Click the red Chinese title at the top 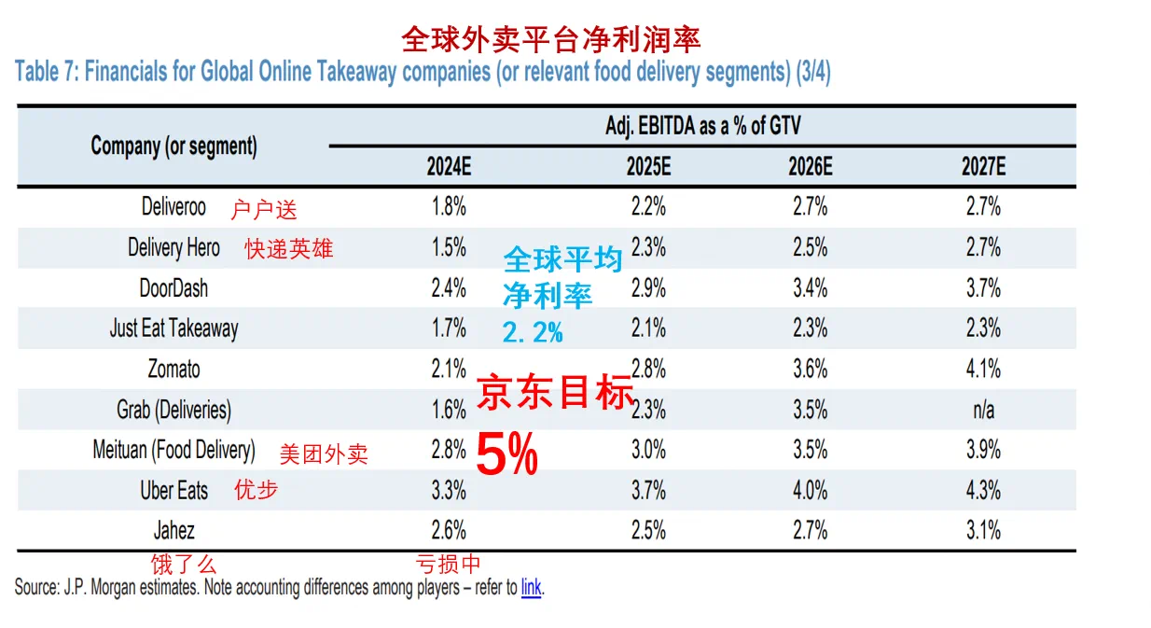550,39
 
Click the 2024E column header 449,167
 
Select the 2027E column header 983,167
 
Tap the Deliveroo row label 174,206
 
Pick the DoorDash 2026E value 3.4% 810,287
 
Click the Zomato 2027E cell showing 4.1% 983,369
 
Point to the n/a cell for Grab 983,410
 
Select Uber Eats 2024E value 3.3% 449,490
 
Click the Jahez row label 174,531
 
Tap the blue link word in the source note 531,588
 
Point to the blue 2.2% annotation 533,331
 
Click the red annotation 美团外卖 324,454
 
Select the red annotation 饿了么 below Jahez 184,564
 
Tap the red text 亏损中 448,564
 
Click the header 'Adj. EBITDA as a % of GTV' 702,127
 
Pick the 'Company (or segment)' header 174,147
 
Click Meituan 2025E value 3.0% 648,450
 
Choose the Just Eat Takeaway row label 174,328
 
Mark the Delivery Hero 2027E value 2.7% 983,247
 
